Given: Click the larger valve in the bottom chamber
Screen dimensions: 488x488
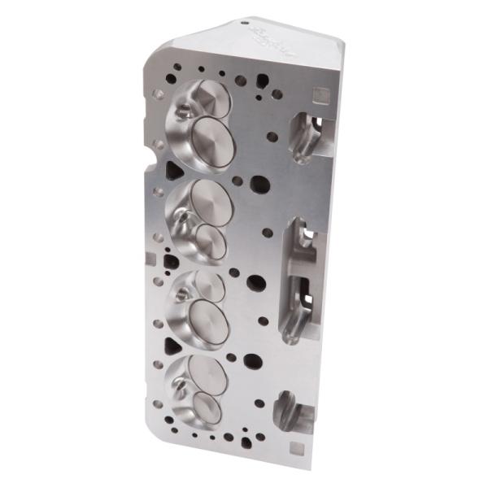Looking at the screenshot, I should (208, 376).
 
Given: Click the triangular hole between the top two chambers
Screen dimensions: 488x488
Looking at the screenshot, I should (174, 170).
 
